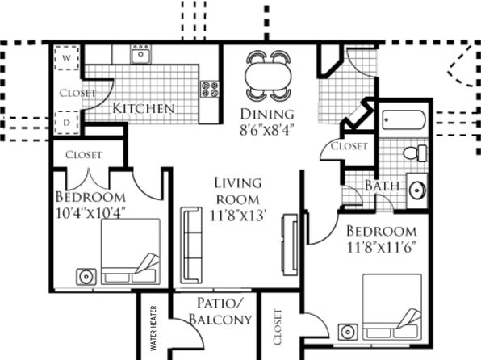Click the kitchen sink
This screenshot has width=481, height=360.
[140, 54]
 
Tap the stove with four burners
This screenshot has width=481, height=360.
[210, 89]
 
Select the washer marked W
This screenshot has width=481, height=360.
[67, 57]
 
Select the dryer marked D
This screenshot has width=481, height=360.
[67, 123]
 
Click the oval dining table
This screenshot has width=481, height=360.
[268, 76]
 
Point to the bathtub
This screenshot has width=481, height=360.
[404, 119]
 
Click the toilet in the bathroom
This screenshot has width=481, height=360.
[415, 153]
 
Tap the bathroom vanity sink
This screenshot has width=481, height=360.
[417, 190]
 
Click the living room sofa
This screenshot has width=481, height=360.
[191, 245]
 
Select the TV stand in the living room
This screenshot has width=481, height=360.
[290, 245]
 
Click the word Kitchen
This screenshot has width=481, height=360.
[144, 108]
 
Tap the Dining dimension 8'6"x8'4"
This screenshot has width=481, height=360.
[267, 130]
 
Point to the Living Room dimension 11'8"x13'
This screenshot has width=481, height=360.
[237, 216]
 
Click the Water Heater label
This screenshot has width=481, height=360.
[153, 328]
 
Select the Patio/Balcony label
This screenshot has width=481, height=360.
[220, 312]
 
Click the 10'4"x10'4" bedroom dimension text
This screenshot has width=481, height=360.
[91, 212]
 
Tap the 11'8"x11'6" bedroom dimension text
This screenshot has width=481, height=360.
[382, 247]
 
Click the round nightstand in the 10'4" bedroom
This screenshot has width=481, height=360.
[86, 277]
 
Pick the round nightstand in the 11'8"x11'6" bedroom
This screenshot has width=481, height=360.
[348, 332]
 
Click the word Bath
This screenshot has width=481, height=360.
[383, 186]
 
